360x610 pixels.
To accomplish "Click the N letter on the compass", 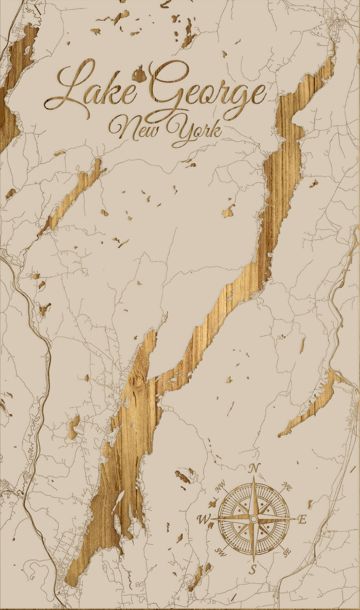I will [x=254, y=468].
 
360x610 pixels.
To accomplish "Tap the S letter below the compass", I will [x=253, y=569].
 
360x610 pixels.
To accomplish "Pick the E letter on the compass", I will [x=302, y=519].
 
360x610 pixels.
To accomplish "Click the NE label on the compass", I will [x=287, y=486].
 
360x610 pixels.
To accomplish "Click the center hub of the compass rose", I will [x=253, y=519].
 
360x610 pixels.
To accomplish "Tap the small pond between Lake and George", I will [x=138, y=73].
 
